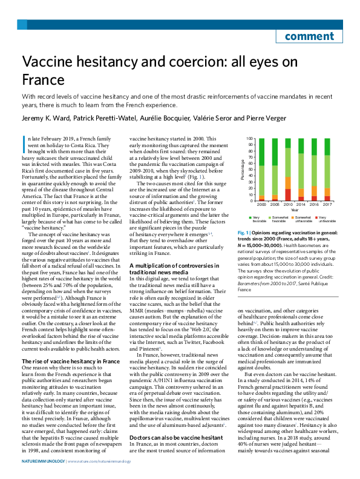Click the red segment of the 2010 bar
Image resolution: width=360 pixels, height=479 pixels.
(287, 194)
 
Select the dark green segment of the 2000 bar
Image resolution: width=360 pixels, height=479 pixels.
(261, 152)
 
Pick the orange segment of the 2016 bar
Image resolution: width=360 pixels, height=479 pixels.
(314, 191)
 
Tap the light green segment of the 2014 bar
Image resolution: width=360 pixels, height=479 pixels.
(301, 171)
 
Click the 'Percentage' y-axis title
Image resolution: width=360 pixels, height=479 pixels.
(243, 170)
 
